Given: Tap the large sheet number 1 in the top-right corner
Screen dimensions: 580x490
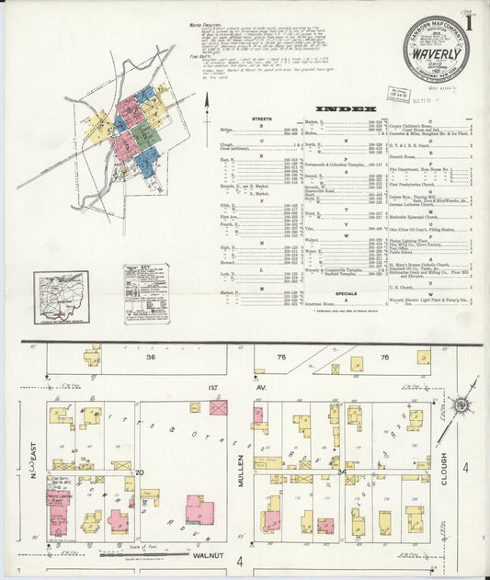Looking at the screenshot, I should point(469,19).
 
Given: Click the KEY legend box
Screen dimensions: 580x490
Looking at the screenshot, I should point(146,292).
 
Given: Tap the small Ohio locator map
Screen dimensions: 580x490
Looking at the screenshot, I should point(62,297).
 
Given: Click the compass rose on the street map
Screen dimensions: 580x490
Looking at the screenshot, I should point(456,405).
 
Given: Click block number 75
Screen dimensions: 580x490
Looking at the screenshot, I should point(281,357).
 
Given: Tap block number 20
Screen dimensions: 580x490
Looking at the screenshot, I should point(141,472).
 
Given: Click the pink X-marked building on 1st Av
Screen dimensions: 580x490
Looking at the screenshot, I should point(218,406).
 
